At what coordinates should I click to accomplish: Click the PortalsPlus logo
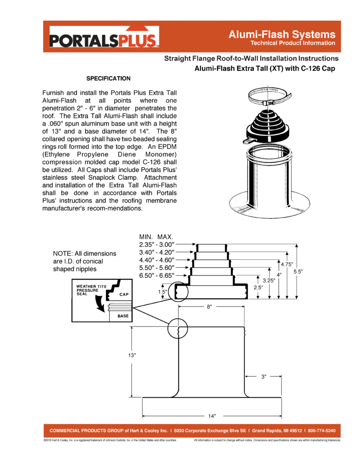tap(104, 37)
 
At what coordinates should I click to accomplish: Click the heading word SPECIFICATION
tap(109, 79)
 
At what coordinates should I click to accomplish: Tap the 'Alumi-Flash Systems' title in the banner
tap(282, 34)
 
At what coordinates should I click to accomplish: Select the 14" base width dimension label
tap(212, 416)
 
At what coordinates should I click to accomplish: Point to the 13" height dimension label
tap(132, 355)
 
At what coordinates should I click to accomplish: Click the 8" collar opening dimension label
tap(209, 307)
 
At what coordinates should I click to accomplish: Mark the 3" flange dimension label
tap(264, 377)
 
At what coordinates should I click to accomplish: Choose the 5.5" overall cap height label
tap(298, 271)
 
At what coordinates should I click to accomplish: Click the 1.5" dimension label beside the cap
tap(162, 292)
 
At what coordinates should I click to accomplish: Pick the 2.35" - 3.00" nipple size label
tap(157, 245)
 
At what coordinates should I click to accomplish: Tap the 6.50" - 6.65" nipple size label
tap(157, 275)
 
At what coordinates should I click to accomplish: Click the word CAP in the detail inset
tap(124, 294)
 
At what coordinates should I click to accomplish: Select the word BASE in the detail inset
tap(123, 316)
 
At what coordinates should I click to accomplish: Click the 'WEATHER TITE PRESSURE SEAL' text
tap(91, 290)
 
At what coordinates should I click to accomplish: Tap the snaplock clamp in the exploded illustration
tap(270, 96)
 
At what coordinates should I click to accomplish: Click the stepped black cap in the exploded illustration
tap(267, 126)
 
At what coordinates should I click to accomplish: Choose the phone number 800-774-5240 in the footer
tap(322, 431)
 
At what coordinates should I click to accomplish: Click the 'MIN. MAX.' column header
tap(156, 237)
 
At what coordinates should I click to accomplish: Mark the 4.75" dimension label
tap(287, 264)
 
